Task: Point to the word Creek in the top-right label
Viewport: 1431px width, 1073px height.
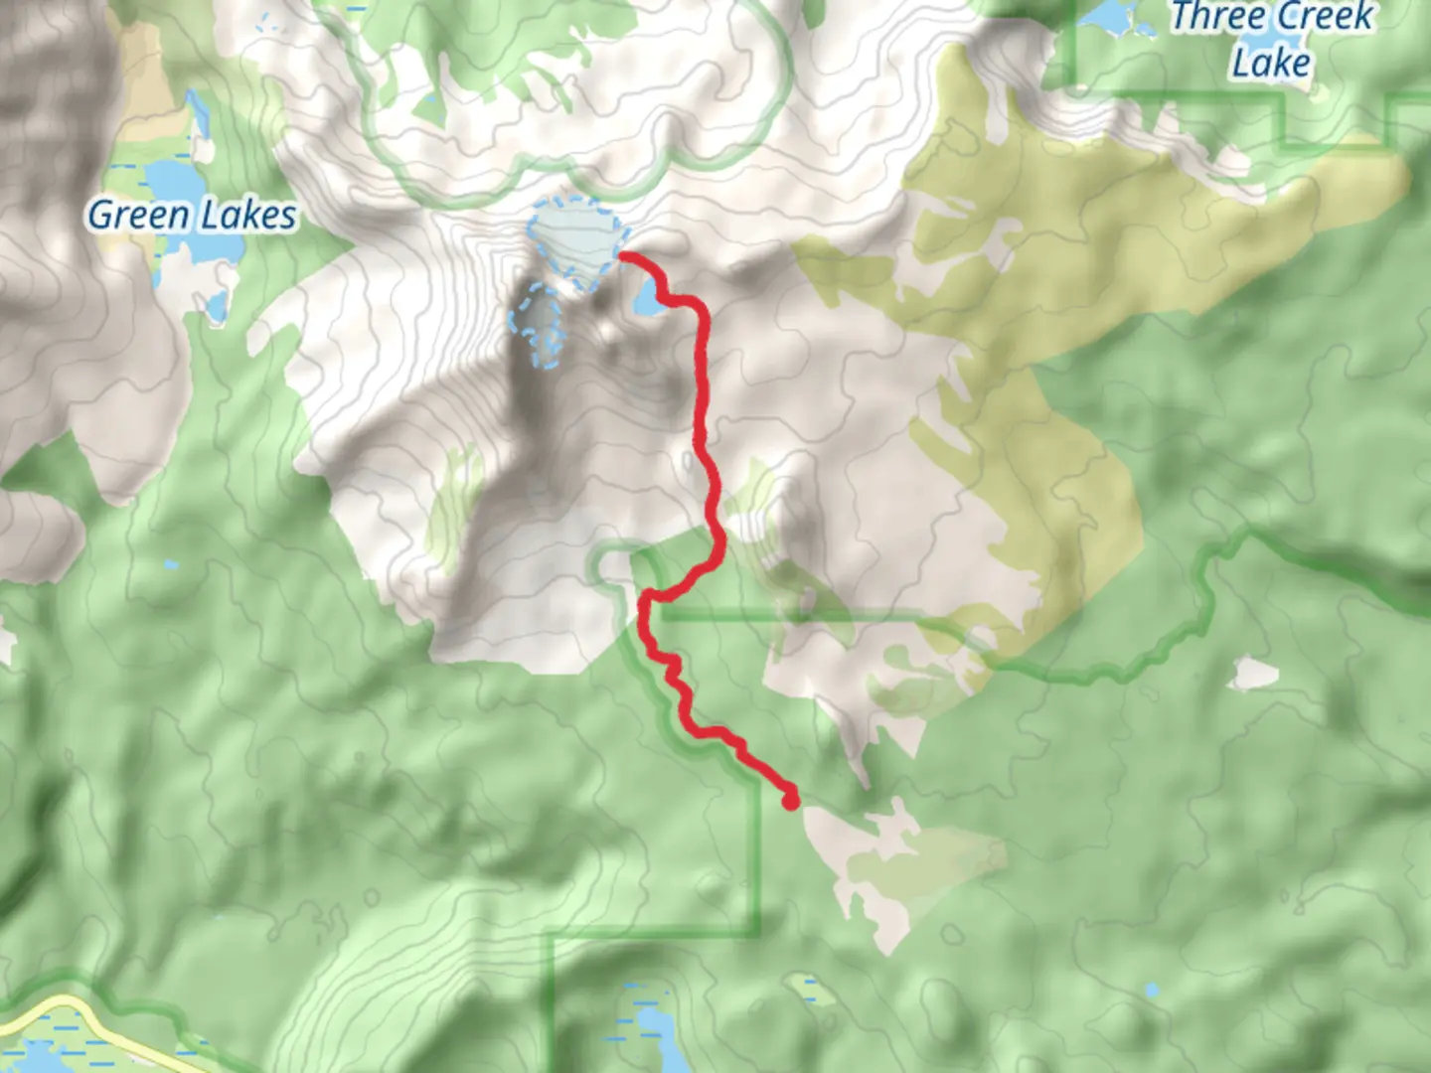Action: pyautogui.click(x=1327, y=17)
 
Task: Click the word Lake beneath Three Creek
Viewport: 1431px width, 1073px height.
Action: pyautogui.click(x=1271, y=63)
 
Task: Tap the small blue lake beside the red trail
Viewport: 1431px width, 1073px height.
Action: pyautogui.click(x=647, y=299)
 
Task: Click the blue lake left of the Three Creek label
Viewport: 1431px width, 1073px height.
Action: pyautogui.click(x=1108, y=17)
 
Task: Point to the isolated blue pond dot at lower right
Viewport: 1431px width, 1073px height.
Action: pyautogui.click(x=1151, y=991)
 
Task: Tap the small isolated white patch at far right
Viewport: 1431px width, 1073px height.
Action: pyautogui.click(x=1254, y=675)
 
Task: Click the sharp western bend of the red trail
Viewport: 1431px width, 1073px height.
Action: pyautogui.click(x=645, y=599)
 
